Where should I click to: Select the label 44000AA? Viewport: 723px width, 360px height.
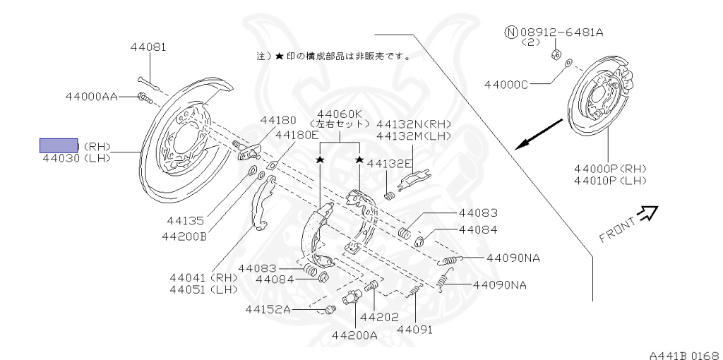[91, 96]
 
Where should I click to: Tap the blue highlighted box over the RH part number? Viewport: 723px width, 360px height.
[59, 146]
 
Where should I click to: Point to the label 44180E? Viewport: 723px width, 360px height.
[297, 135]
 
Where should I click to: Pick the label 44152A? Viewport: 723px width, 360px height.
[268, 308]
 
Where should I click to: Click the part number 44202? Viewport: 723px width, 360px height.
[379, 317]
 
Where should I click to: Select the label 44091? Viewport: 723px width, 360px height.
[414, 329]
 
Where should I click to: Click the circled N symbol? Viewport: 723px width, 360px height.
[510, 32]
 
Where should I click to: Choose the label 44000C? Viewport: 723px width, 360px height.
[506, 85]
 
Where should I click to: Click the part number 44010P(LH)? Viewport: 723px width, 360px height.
[610, 181]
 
